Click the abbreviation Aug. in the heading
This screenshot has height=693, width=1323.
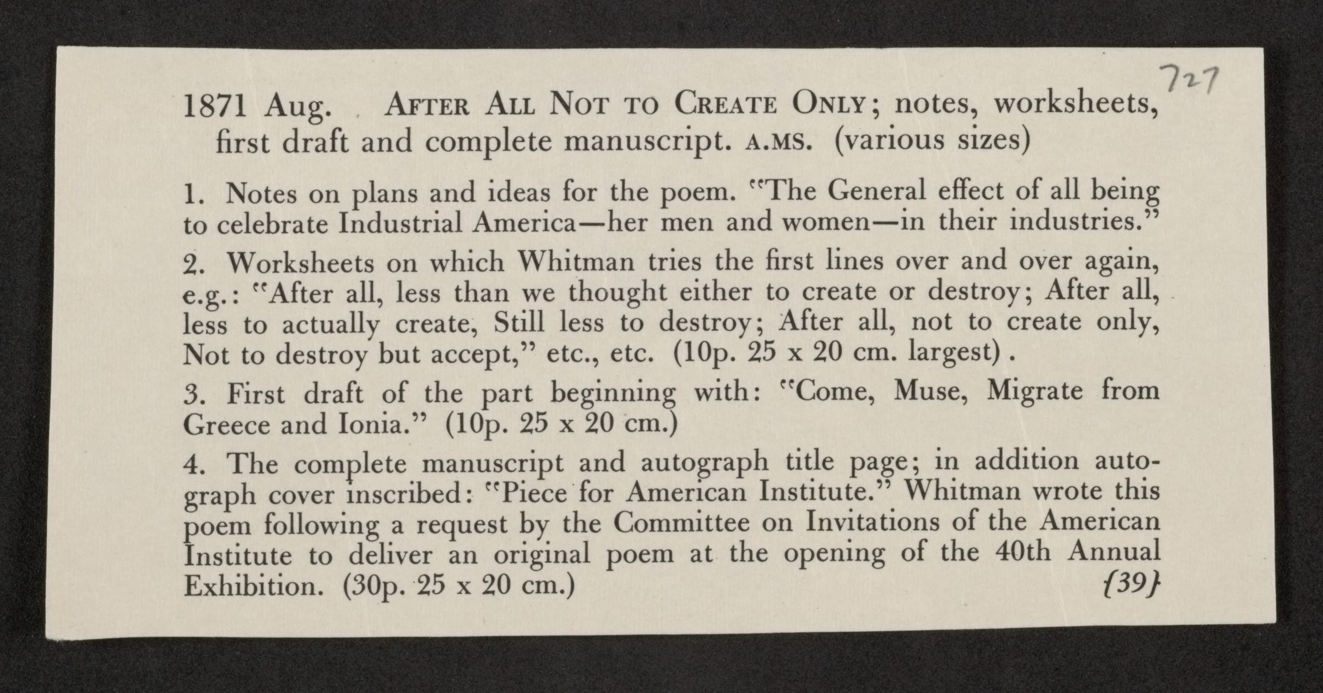click(297, 108)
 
